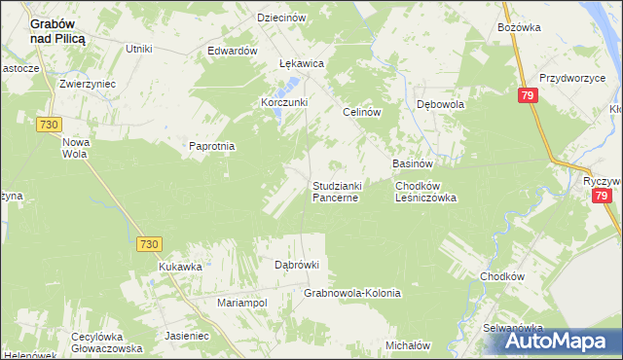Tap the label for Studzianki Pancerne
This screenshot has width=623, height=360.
pyautogui.click(x=336, y=191)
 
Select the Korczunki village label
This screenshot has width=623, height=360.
pyautogui.click(x=284, y=102)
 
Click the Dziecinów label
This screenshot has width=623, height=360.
pyautogui.click(x=282, y=18)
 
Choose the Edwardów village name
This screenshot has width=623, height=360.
pyautogui.click(x=233, y=51)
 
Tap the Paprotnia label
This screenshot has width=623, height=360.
pyautogui.click(x=212, y=146)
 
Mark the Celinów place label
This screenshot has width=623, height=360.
pyautogui.click(x=360, y=112)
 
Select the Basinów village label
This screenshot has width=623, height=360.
pyautogui.click(x=411, y=163)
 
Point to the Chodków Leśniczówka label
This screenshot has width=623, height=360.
pyautogui.click(x=425, y=191)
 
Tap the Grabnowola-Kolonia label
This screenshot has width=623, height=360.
pyautogui.click(x=352, y=292)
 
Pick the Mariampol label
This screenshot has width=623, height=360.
pyautogui.click(x=241, y=303)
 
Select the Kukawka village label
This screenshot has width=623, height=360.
pyautogui.click(x=180, y=266)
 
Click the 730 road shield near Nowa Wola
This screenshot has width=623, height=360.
pyautogui.click(x=49, y=124)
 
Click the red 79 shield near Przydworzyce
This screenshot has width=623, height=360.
pyautogui.click(x=527, y=95)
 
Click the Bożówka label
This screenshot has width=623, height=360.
pyautogui.click(x=518, y=28)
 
